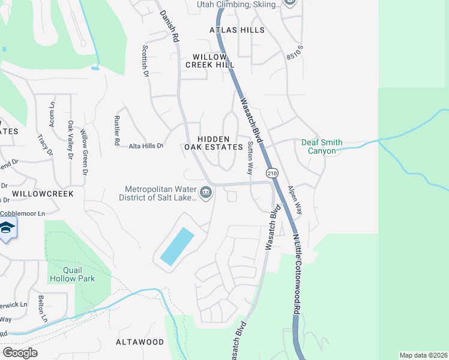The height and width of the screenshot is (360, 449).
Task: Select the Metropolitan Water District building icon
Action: tap(206, 193)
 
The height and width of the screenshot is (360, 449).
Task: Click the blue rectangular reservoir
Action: tap(177, 247)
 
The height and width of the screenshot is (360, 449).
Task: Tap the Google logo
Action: tap(20, 352)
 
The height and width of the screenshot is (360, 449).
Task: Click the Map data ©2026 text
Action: tap(423, 355)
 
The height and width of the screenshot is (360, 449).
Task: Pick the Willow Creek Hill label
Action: tap(209, 60)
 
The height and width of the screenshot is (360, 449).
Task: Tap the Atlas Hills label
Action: tap(237, 29)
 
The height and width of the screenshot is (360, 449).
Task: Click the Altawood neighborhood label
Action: tap(139, 342)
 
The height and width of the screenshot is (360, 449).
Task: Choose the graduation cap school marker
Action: tap(7, 229)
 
